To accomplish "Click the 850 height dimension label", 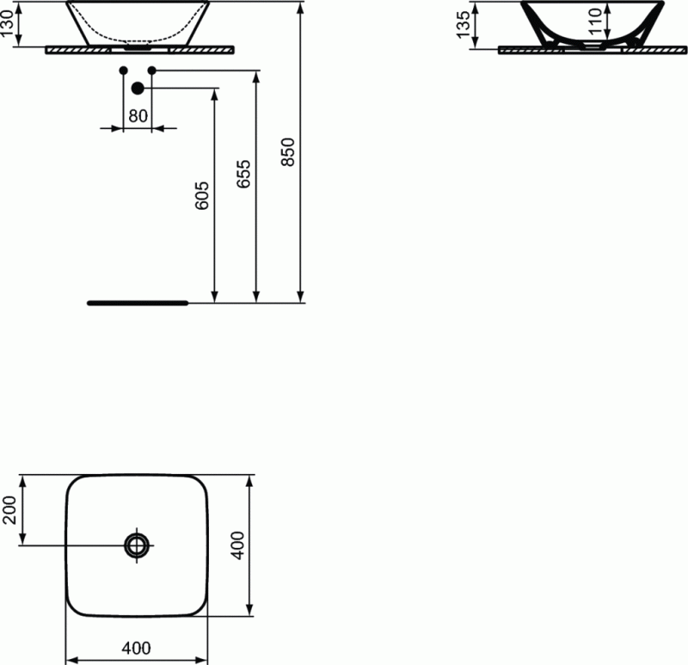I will (289, 151).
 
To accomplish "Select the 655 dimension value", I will (244, 175).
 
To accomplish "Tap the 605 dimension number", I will (202, 197).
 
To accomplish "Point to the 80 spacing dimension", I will (138, 115).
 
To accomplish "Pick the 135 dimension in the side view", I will (464, 25).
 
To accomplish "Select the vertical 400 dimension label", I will (239, 545).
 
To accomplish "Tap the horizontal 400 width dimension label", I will (137, 647).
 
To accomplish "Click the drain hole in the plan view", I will (137, 545).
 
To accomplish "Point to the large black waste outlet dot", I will (137, 88).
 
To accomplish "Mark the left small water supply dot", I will (123, 70).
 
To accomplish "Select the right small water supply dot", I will (151, 70).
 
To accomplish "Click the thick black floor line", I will (137, 303).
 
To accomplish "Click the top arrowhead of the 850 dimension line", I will (301, 8).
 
